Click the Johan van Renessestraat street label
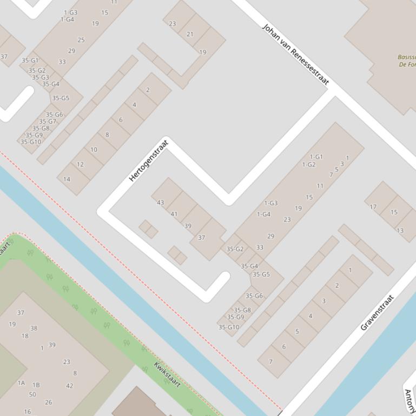tap(295, 55)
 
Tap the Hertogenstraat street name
tap(149, 160)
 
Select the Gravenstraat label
tap(377, 312)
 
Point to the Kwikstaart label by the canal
tap(167, 374)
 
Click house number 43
tap(160, 203)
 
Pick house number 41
tap(174, 214)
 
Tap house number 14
tap(67, 179)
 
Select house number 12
tap(80, 164)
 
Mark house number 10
tap(94, 150)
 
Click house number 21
tap(190, 33)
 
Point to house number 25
tap(81, 39)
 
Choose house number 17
tap(373, 206)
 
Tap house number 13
tap(400, 230)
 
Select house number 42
tap(69, 386)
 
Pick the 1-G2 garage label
tap(309, 165)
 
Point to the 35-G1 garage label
tap(30, 61)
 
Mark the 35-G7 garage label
tap(48, 122)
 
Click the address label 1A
tap(21, 383)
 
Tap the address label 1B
tap(36, 385)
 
